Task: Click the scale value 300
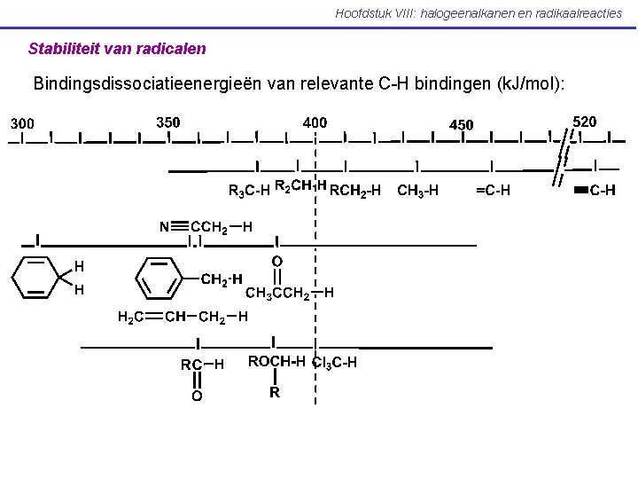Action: tap(22, 122)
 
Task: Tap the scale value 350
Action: tap(167, 121)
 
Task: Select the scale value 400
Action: tap(315, 122)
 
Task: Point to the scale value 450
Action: tap(462, 124)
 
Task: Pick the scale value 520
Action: tap(585, 120)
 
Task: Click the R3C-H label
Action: tap(249, 190)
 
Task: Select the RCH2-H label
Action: tap(355, 189)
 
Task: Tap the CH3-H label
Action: tap(418, 189)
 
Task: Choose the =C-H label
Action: tap(493, 189)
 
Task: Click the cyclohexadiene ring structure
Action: tap(35, 277)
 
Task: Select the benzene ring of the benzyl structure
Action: tap(161, 278)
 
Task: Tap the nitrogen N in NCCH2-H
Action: tap(165, 227)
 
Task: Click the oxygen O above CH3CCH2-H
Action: tap(277, 261)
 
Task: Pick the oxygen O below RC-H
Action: tap(197, 397)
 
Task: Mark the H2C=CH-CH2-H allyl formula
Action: tap(183, 317)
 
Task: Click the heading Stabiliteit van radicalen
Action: tap(117, 48)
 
